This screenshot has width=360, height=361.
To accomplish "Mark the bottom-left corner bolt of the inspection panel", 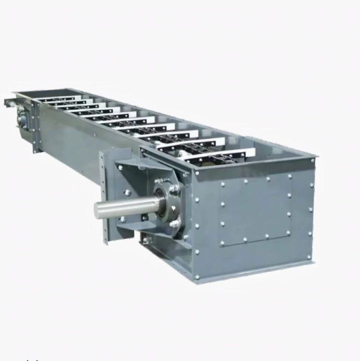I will [x=222, y=243].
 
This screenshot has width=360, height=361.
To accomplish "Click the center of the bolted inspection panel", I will [x=256, y=209].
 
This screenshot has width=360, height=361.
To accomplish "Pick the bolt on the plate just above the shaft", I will [x=127, y=192].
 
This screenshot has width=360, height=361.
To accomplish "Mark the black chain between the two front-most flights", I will [x=209, y=152].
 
